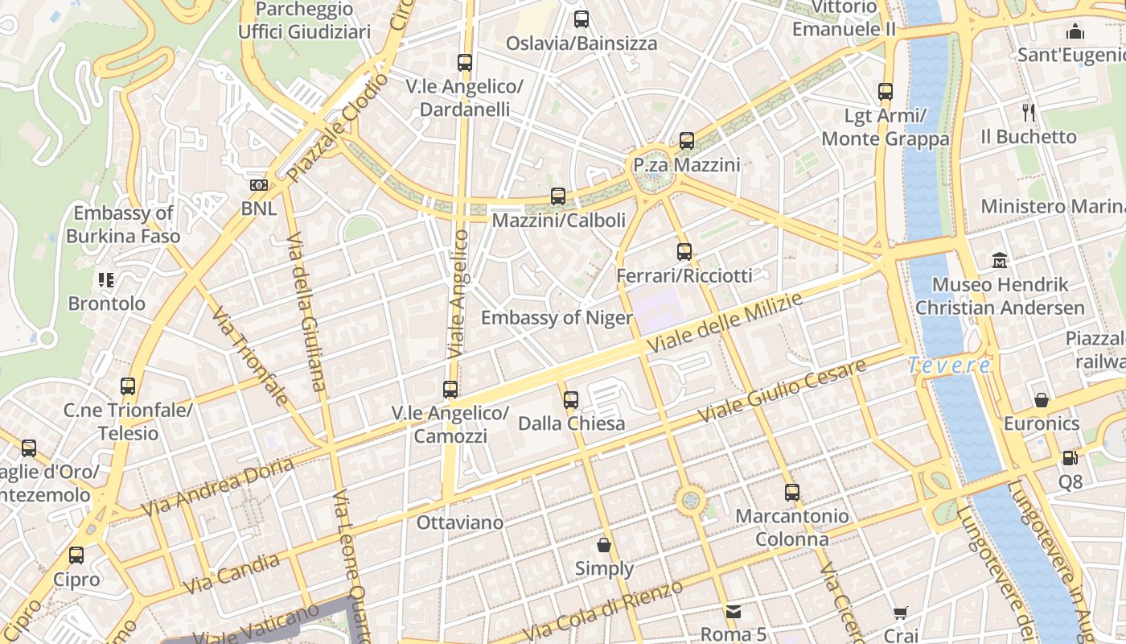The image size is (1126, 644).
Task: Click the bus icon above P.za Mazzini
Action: tap(686, 141)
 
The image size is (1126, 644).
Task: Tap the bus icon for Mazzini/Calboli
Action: tap(557, 196)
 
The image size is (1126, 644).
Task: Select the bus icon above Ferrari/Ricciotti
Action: tap(684, 252)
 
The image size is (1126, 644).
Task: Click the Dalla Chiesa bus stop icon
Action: tap(570, 399)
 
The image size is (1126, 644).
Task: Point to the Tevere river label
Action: tap(949, 365)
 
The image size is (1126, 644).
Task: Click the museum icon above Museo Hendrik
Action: tap(1000, 260)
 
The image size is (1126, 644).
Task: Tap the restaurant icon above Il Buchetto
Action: tap(1028, 112)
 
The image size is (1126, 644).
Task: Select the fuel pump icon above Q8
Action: tap(1070, 458)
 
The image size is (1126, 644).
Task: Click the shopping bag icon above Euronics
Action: tap(1041, 399)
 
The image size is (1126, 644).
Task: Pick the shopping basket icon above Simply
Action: tap(604, 545)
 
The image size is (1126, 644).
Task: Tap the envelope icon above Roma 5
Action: tap(733, 611)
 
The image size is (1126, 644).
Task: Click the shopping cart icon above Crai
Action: tap(900, 613)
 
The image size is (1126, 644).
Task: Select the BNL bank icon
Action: tap(258, 185)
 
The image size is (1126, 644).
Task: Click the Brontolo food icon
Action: tap(106, 280)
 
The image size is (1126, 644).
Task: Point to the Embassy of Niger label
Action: tap(557, 318)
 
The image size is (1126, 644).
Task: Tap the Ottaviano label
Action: tap(460, 522)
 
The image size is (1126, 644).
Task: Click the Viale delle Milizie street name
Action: tap(725, 323)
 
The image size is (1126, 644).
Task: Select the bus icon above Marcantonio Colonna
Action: tap(792, 492)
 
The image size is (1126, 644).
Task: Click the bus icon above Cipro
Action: tap(76, 555)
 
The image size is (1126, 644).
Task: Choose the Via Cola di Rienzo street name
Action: tap(604, 609)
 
